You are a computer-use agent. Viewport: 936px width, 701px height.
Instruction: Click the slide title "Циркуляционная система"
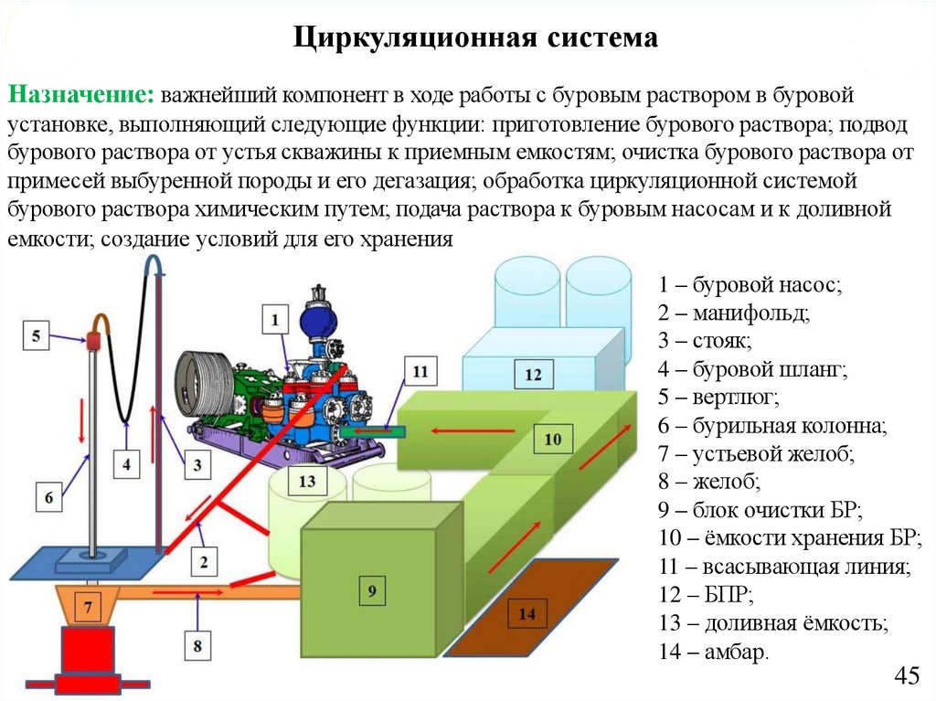475,37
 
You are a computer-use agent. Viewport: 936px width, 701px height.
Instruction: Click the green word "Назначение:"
80,95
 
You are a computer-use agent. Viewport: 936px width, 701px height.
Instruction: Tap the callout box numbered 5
36,336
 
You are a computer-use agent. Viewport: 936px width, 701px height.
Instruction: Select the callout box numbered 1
275,320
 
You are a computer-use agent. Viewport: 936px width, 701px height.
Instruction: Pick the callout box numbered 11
420,372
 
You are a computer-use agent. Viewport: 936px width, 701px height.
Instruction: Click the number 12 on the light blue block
533,374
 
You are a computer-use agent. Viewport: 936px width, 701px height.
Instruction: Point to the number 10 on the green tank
552,440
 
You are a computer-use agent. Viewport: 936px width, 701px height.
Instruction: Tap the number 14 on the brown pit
527,614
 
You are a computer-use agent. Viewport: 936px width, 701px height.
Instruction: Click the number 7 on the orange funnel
89,606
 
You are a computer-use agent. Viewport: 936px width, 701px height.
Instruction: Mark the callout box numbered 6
49,497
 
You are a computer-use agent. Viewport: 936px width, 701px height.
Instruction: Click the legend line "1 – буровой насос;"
748,284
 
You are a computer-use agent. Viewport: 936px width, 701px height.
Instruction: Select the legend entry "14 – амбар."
713,653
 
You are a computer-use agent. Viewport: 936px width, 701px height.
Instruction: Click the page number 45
906,676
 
